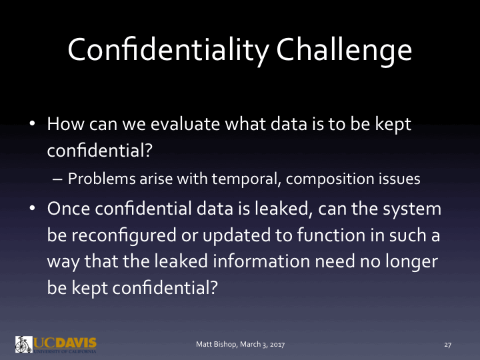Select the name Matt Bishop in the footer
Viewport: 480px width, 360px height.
pyautogui.click(x=216, y=345)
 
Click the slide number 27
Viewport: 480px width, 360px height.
pyautogui.click(x=448, y=345)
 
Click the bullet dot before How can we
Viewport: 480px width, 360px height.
pyautogui.click(x=31, y=125)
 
